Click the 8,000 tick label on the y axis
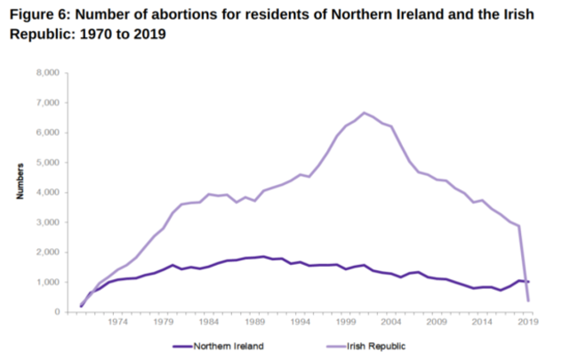(47, 72)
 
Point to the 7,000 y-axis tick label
(47, 102)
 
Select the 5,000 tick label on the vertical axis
(47, 163)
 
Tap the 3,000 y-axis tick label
(47, 222)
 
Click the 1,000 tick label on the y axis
(47, 282)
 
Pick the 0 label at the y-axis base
(57, 312)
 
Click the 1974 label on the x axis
(116, 324)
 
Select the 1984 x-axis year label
(209, 324)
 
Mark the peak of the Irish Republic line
(364, 113)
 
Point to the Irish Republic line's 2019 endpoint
(530, 300)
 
